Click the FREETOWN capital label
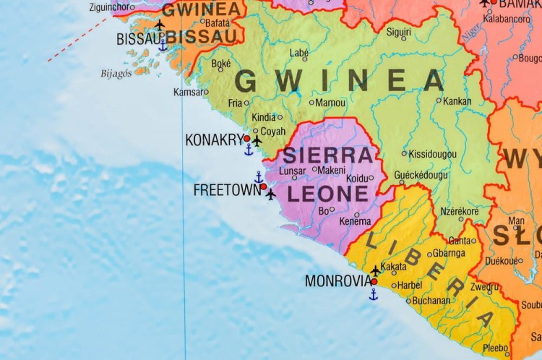(226, 190)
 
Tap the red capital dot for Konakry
(247, 138)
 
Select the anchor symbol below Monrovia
(374, 294)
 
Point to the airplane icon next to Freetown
(271, 194)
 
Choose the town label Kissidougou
(432, 154)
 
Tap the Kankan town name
(458, 101)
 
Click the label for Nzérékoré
(460, 211)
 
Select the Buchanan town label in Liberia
(431, 301)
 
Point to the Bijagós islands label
(116, 73)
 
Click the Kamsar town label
(188, 92)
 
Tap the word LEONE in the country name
(328, 194)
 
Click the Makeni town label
(332, 170)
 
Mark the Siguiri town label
(398, 32)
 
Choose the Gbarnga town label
(449, 253)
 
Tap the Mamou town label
(331, 103)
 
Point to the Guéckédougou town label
(421, 175)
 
